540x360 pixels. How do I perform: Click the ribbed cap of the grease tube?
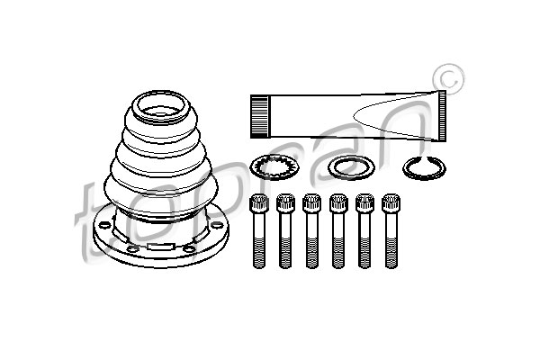tap(259, 116)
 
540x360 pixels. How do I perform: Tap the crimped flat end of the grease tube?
tap(443, 116)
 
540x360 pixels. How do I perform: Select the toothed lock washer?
tap(274, 167)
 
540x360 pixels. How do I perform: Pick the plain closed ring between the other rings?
tap(351, 168)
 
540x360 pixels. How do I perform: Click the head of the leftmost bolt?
tap(259, 202)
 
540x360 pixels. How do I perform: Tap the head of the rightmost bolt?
tap(391, 202)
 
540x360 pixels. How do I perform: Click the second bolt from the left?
tap(285, 230)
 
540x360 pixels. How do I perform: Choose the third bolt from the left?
tap(311, 230)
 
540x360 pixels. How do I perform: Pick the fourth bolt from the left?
tap(338, 230)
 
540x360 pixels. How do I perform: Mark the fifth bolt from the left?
tap(364, 230)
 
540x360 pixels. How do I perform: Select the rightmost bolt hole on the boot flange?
tap(217, 225)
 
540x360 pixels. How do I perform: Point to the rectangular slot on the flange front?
tap(160, 247)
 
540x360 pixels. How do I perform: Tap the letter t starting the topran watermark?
tap(90, 220)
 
